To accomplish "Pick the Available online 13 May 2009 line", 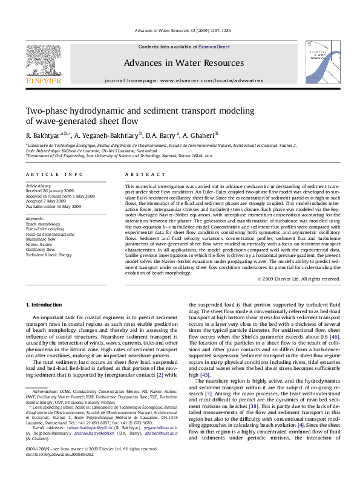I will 53,206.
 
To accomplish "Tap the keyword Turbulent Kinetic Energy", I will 48,255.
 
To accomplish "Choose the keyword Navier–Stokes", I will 39,244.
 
